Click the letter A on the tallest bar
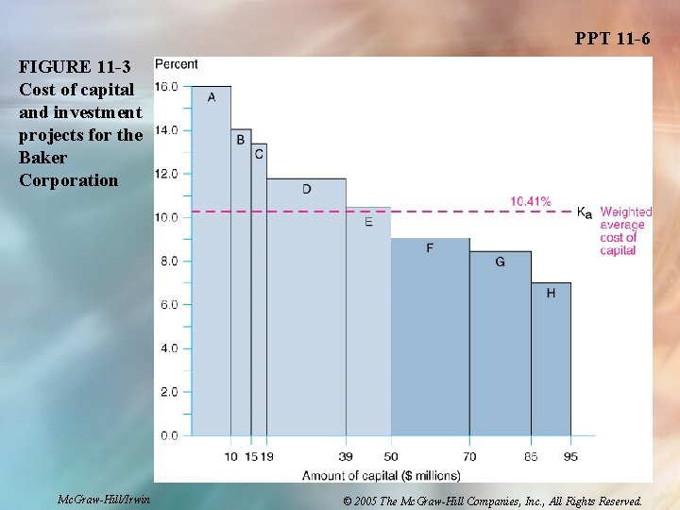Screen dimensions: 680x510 coord(212,97)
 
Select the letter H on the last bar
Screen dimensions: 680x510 coord(551,293)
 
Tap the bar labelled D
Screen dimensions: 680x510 coord(306,307)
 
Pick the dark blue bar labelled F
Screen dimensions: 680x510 coord(431,337)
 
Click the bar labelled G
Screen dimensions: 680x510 coord(501,344)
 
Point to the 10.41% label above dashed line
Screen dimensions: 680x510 coord(531,201)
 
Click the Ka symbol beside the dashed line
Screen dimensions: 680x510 coord(585,212)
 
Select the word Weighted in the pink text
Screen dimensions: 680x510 coord(626,212)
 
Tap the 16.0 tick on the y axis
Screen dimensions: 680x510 coord(166,87)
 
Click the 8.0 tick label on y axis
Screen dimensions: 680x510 coord(169,261)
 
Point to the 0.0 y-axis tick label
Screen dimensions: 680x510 coord(169,435)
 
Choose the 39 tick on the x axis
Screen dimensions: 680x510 coord(346,457)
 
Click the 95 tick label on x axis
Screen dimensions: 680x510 coord(570,457)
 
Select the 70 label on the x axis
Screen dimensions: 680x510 coord(469,457)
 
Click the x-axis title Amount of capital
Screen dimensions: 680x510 coord(382,476)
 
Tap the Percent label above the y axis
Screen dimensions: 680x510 coord(176,64)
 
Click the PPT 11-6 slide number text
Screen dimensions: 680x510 coord(612,39)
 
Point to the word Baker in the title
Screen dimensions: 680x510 coord(42,158)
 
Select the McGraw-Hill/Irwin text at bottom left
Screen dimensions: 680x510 coord(104,500)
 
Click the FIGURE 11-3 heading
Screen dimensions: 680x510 coord(75,67)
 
